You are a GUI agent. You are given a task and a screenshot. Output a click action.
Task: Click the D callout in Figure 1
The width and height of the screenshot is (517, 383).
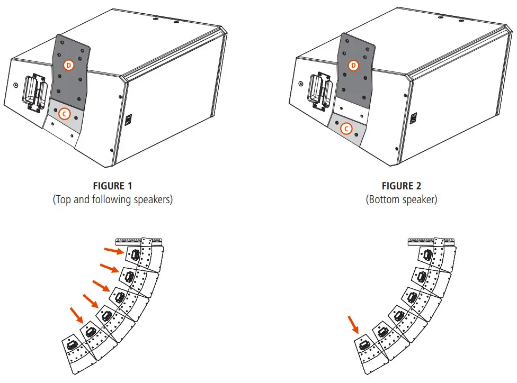(x=68, y=65)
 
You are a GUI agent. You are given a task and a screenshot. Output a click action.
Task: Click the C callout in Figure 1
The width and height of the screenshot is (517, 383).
(x=64, y=113)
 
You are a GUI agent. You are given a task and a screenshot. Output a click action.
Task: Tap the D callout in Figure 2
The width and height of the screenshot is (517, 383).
(x=354, y=65)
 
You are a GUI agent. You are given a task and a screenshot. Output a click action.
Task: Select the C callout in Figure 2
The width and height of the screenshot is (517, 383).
(x=346, y=128)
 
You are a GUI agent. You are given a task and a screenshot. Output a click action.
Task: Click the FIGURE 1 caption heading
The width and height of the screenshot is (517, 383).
(x=112, y=186)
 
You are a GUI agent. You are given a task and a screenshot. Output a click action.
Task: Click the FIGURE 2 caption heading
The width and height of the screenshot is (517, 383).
(x=402, y=186)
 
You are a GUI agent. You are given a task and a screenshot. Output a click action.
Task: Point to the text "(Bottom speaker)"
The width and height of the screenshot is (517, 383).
(x=402, y=200)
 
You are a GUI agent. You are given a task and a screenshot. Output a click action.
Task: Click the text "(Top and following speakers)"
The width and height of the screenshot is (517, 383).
(x=112, y=200)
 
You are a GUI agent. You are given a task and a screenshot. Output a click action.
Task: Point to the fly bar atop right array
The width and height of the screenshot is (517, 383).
(x=430, y=242)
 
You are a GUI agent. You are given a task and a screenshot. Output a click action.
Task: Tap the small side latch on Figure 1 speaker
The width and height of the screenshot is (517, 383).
(x=128, y=120)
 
